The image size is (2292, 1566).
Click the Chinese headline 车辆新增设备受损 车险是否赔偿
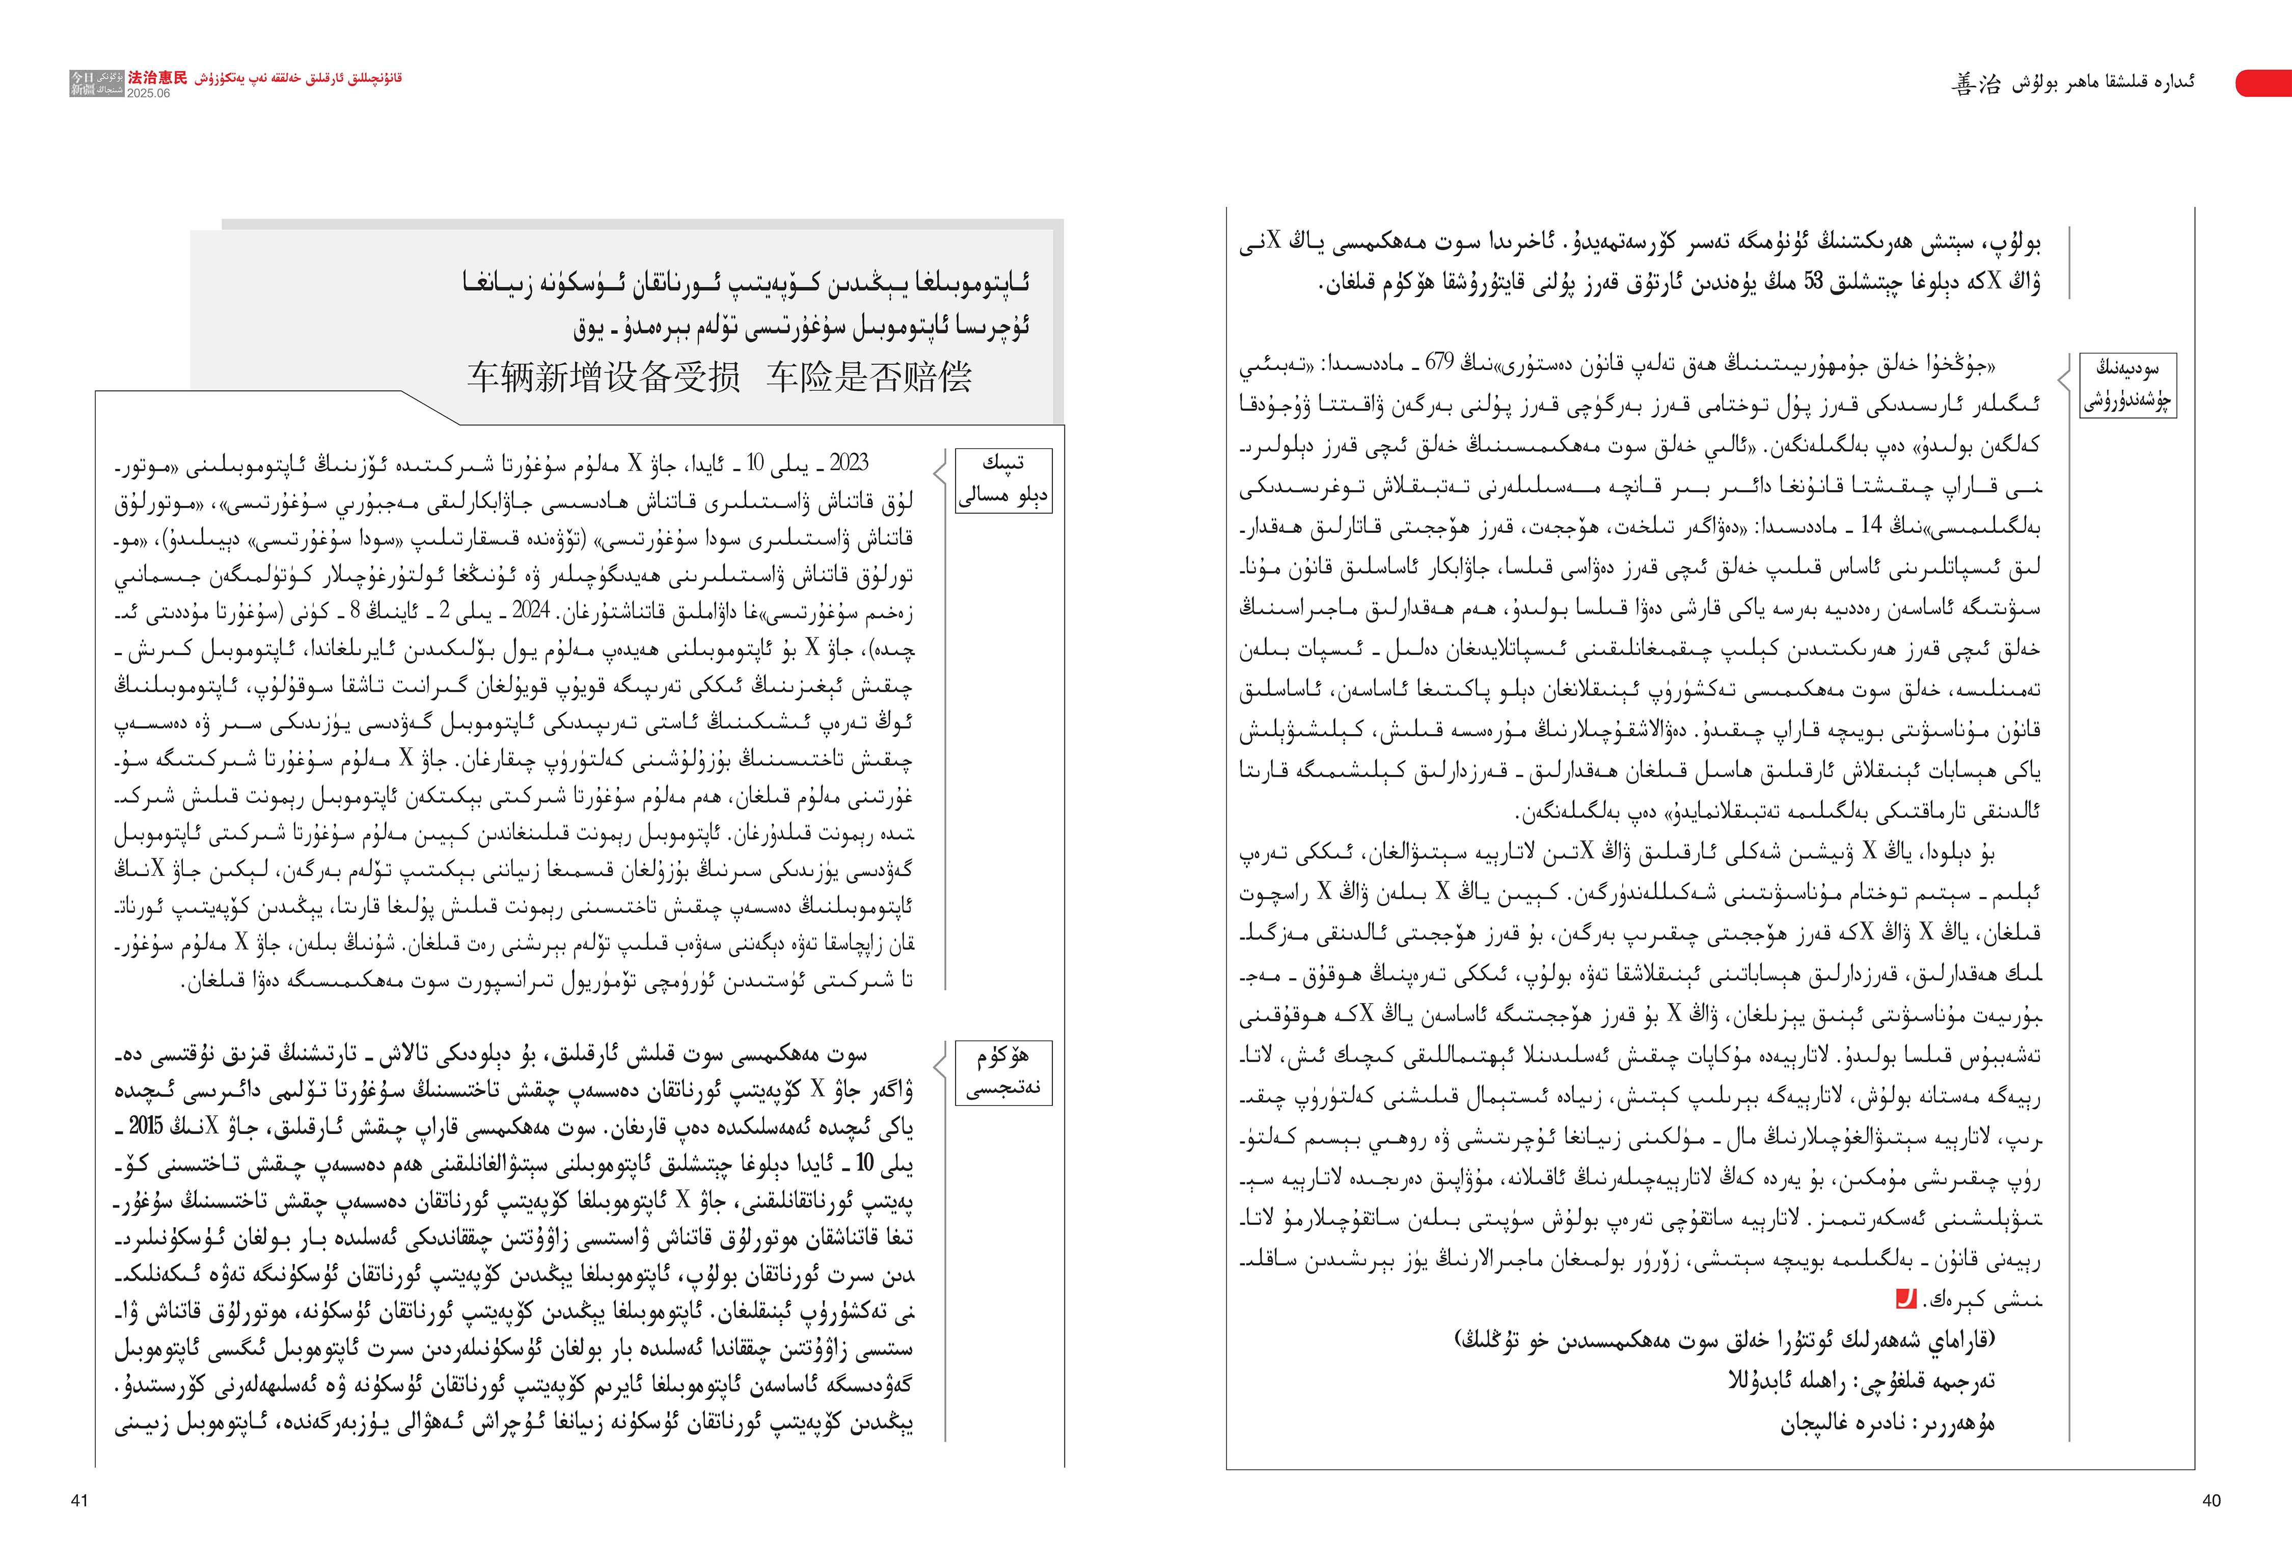(x=720, y=376)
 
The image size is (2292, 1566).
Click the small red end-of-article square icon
(x=1906, y=1299)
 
